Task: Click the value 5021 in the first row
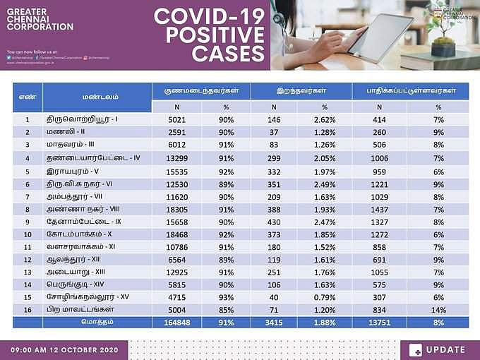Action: click(x=176, y=120)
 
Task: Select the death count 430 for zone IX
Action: click(x=274, y=222)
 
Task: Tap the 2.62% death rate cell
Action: click(x=324, y=120)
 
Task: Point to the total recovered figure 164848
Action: click(x=176, y=322)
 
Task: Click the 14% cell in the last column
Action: click(x=438, y=309)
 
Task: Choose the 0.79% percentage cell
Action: click(x=324, y=297)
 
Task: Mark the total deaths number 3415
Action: click(x=274, y=322)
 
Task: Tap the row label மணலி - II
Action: click(x=66, y=132)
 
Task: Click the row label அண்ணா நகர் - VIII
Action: click(x=79, y=210)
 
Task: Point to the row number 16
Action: click(x=27, y=309)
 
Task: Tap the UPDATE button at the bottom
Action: click(x=437, y=349)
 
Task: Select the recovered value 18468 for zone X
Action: click(x=176, y=234)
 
